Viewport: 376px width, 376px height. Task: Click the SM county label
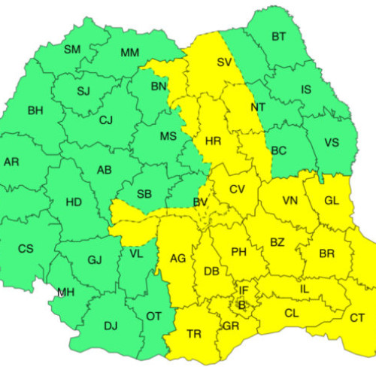pos(72,50)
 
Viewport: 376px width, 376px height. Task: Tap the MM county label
pos(129,53)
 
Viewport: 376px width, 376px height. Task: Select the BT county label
pos(278,36)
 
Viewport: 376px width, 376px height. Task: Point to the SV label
pos(224,62)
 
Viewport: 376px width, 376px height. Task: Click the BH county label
pos(35,111)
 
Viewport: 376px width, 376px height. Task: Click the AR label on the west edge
pos(11,162)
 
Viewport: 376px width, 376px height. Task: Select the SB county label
pos(144,194)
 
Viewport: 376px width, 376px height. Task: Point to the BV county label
pos(200,203)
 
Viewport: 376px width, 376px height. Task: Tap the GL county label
pos(332,201)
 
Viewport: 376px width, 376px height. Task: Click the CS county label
pos(26,249)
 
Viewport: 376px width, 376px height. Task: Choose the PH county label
pos(239,252)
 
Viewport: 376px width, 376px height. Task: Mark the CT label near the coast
pos(357,318)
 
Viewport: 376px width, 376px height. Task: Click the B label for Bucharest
pos(241,305)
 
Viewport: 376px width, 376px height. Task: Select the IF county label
pos(243,290)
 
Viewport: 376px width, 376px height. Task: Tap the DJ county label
pos(111,326)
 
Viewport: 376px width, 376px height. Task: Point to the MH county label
pos(66,293)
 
